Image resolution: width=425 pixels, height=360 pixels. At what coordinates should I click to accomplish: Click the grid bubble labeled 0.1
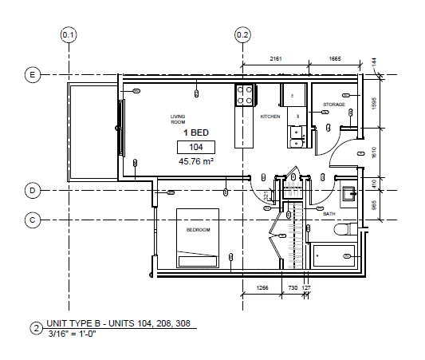coord(69,35)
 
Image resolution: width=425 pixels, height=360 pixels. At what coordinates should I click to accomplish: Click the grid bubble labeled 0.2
coord(242,35)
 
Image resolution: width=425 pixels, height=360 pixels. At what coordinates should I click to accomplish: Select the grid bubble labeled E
coord(33,75)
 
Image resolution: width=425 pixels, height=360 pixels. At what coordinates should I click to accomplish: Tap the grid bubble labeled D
coord(33,191)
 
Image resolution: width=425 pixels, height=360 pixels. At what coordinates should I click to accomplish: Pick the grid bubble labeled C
coord(33,219)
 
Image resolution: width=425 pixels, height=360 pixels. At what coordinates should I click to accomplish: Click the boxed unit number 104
coord(196,147)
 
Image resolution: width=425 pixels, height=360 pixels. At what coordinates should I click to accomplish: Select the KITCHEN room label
coord(270,117)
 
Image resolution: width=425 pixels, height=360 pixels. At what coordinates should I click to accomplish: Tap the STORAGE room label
coord(333,105)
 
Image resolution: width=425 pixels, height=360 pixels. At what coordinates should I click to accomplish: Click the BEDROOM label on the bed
coord(198,230)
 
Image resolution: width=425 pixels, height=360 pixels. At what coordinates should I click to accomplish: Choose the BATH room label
coord(329,214)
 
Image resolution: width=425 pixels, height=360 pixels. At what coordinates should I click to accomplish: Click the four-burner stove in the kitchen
coord(245,96)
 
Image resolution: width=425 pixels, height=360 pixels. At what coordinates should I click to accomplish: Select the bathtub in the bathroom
coord(335,256)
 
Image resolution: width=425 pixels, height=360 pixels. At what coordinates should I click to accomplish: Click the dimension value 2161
coord(276,59)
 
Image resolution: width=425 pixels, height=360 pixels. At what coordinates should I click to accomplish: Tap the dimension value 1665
coord(334,59)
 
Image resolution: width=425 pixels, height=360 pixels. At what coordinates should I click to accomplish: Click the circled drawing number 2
coord(36,327)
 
